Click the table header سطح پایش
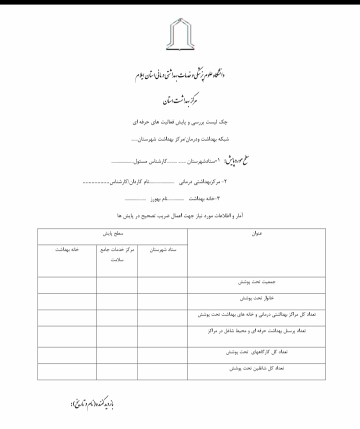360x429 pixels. click(x=113, y=233)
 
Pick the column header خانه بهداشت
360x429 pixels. click(x=67, y=250)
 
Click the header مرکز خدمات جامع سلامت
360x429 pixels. click(x=117, y=254)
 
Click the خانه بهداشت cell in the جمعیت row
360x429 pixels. click(x=67, y=285)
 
